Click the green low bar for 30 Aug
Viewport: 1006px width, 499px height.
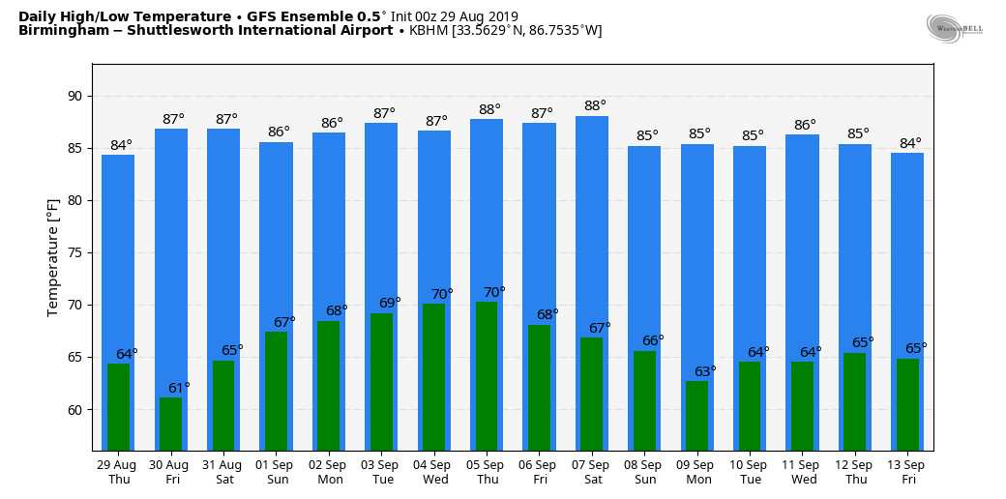tap(170, 424)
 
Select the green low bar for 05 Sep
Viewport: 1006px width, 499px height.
tap(486, 375)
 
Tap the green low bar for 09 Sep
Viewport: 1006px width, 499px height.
tap(696, 416)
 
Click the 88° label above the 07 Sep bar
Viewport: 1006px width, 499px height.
tap(595, 106)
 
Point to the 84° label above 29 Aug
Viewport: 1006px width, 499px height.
tap(121, 146)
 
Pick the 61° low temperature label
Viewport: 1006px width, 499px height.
tap(180, 388)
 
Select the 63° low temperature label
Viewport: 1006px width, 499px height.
tap(705, 371)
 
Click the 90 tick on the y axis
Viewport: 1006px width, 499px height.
tap(74, 96)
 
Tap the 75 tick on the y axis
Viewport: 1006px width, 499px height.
tap(74, 252)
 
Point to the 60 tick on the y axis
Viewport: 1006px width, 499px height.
tap(74, 409)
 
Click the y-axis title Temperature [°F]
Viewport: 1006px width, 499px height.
tap(53, 257)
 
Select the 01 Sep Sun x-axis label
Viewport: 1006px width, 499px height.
tap(276, 472)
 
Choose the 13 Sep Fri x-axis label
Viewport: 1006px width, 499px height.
tap(907, 472)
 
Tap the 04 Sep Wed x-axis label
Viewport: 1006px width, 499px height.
tap(433, 472)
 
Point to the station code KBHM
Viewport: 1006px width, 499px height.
tap(429, 31)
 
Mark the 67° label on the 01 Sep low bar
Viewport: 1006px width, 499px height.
tap(284, 322)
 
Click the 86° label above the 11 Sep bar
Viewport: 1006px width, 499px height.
tap(805, 125)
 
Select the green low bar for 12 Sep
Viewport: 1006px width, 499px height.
tap(854, 401)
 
